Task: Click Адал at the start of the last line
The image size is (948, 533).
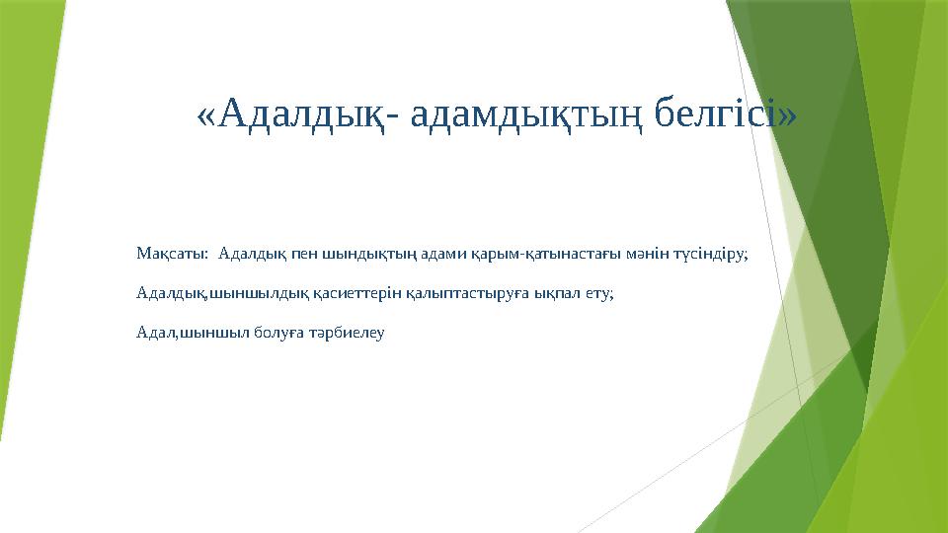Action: pos(155,334)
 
